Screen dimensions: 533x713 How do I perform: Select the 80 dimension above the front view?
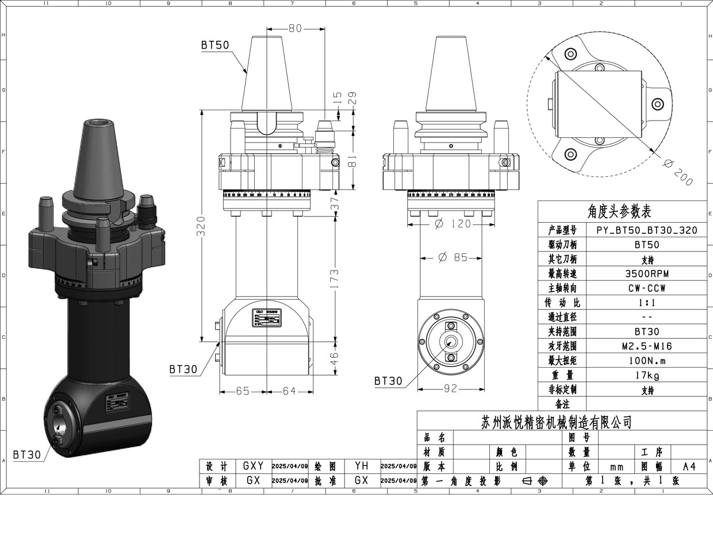(295, 28)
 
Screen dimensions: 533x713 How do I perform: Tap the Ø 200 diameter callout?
(678, 171)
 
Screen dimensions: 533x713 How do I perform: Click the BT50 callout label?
(215, 45)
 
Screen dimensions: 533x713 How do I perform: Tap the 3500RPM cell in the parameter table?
(647, 273)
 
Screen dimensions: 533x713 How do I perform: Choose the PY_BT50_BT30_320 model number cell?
(647, 230)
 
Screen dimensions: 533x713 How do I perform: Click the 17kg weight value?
(647, 376)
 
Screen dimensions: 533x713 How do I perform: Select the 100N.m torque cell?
(647, 361)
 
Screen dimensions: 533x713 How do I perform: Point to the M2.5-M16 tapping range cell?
(647, 346)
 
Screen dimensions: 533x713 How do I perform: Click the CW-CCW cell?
(647, 288)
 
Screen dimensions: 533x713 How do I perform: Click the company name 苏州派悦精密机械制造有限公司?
(556, 423)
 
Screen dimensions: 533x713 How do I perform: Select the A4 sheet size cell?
(689, 466)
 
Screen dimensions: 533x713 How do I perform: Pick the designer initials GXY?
(253, 466)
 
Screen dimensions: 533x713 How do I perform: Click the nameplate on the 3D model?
(117, 405)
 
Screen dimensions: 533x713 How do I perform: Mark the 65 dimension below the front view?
(243, 391)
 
